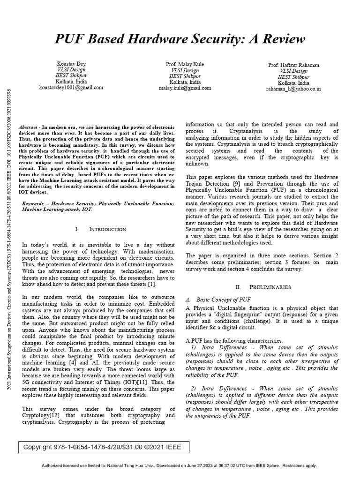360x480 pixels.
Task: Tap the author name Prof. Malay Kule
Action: (x=185, y=64)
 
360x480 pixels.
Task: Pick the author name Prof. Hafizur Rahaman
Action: (x=293, y=65)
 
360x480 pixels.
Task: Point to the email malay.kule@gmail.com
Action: (x=185, y=88)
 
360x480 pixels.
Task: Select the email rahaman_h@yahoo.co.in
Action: (x=293, y=89)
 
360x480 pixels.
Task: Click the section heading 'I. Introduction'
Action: (x=100, y=229)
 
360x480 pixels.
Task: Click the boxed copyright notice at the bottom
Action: (x=99, y=447)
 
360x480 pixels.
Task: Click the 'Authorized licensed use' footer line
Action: (x=180, y=465)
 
